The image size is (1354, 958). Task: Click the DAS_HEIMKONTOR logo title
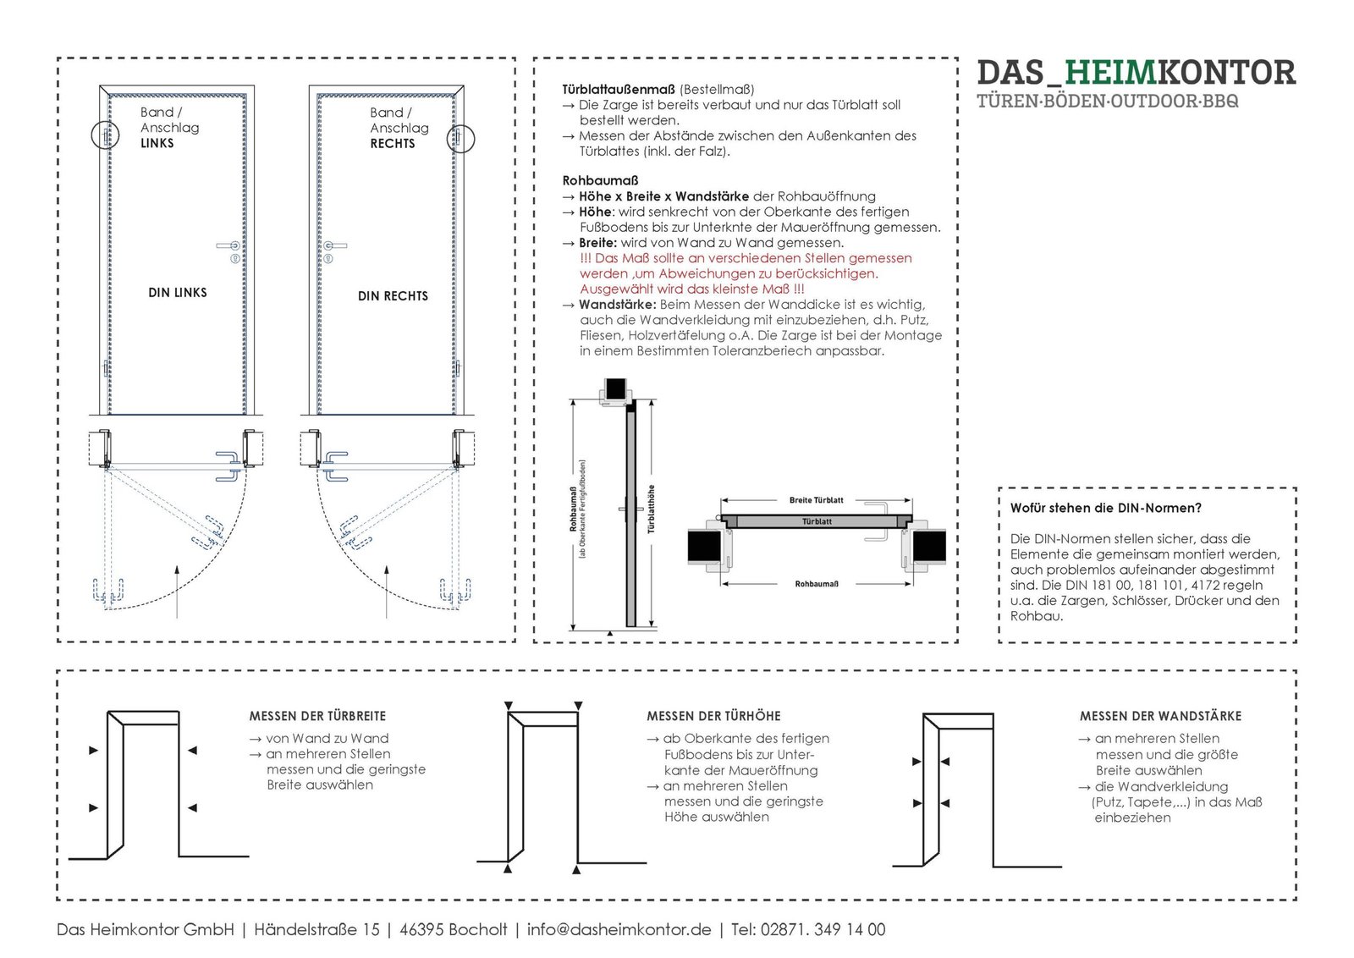tap(1136, 73)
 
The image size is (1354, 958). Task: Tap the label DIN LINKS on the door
tap(178, 293)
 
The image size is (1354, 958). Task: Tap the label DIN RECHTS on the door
tap(393, 296)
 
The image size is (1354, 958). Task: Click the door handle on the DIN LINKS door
tap(229, 246)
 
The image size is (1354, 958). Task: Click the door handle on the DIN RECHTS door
tap(333, 246)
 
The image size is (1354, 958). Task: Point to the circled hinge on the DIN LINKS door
tap(106, 135)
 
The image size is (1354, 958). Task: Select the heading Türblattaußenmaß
tap(619, 89)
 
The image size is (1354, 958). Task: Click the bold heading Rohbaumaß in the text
tap(600, 180)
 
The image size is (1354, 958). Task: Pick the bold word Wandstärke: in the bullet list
tap(617, 305)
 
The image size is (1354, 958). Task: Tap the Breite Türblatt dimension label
tap(816, 500)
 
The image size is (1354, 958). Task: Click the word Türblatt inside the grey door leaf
tap(817, 521)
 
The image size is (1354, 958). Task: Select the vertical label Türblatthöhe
tap(652, 509)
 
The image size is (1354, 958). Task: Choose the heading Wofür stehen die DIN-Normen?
tap(1105, 509)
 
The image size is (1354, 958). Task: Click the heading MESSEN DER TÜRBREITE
tap(317, 716)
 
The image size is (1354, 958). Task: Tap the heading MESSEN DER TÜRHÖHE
tap(713, 716)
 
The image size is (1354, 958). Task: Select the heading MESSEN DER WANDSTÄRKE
tap(1160, 716)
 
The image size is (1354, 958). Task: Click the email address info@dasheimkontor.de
tap(619, 929)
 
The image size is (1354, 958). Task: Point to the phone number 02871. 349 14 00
tap(823, 929)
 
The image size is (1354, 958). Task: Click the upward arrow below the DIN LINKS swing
tap(177, 592)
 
